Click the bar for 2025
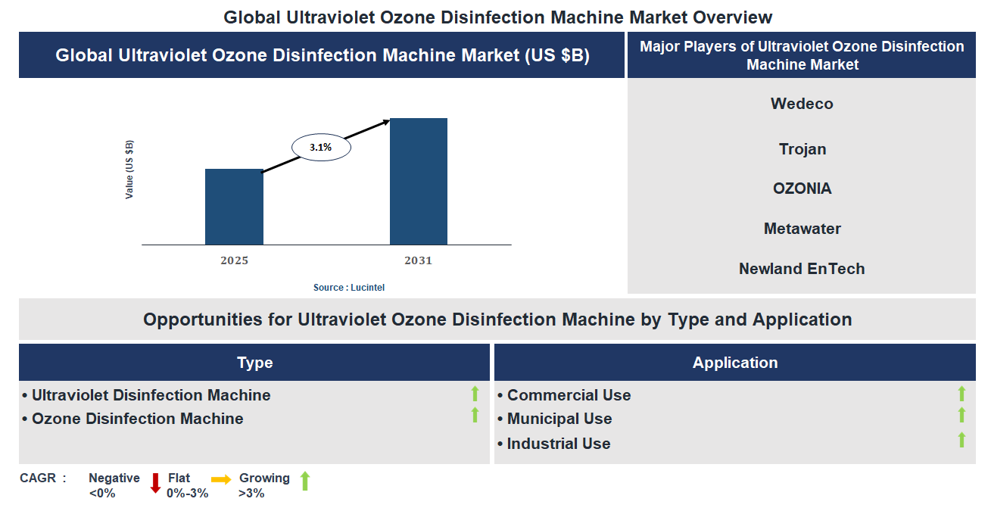234,207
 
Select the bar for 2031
418,182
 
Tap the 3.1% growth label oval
321,148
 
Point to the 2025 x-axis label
234,260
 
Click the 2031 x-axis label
418,260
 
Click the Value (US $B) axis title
129,170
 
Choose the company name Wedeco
802,104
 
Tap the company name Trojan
802,149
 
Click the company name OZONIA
802,189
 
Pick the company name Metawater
802,229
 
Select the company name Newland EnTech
802,269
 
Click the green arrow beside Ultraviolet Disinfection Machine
475,394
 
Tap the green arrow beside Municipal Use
961,415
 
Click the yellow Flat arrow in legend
221,479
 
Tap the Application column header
734,363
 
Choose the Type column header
254,363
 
